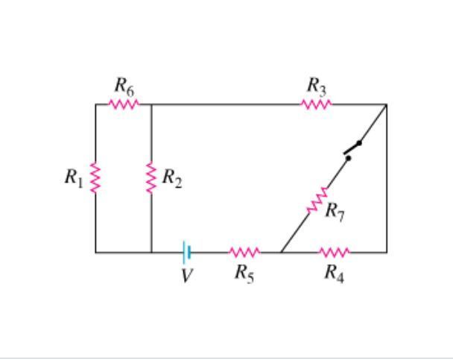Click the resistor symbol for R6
pos(124,104)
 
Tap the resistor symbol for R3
pos(317,104)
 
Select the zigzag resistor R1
pos(95,177)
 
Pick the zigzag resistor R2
pos(151,177)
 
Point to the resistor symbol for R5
pos(244,252)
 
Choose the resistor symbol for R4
pos(335,252)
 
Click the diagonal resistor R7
pos(317,200)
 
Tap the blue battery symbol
pos(186,252)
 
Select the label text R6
pos(124,86)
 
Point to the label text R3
pos(317,86)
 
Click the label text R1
pos(74,178)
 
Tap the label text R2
pos(172,178)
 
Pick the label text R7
pos(335,212)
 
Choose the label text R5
pos(244,274)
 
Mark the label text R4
pos(335,274)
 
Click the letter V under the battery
pos(186,275)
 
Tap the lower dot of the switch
pos(349,158)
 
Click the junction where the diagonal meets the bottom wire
pos(281,252)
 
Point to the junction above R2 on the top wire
pos(151,104)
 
